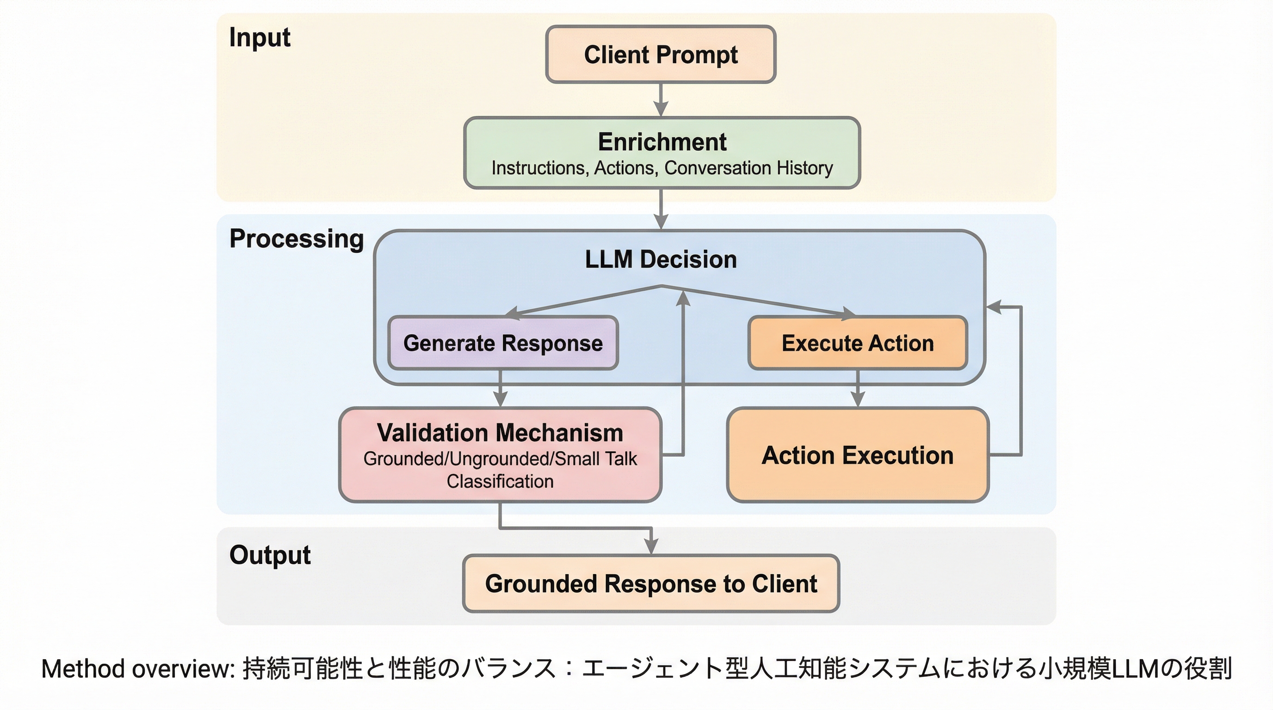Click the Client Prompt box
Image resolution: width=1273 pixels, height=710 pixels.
pyautogui.click(x=661, y=54)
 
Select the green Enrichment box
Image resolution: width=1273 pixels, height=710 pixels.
pyautogui.click(x=661, y=153)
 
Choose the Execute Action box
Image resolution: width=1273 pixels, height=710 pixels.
pyautogui.click(x=858, y=343)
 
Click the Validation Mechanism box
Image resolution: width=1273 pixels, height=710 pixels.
pyautogui.click(x=500, y=455)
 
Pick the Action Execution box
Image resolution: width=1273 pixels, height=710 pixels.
pyautogui.click(x=858, y=455)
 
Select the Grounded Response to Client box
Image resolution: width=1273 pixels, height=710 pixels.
pyautogui.click(x=651, y=584)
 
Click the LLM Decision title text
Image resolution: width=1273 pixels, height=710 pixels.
pyautogui.click(x=661, y=260)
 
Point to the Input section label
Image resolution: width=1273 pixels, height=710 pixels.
pyautogui.click(x=260, y=38)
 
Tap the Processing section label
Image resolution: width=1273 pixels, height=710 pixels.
pyautogui.click(x=297, y=239)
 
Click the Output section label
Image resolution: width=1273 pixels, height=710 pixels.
pyautogui.click(x=270, y=556)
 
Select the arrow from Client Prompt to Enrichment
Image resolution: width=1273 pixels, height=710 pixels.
pyautogui.click(x=661, y=100)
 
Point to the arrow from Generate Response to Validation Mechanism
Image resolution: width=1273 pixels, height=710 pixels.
pyautogui.click(x=501, y=389)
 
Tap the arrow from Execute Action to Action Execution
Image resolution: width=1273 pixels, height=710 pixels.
pyautogui.click(x=858, y=389)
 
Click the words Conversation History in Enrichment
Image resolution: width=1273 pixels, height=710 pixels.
pyautogui.click(x=749, y=168)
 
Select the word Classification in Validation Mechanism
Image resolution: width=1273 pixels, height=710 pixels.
pyautogui.click(x=500, y=481)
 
